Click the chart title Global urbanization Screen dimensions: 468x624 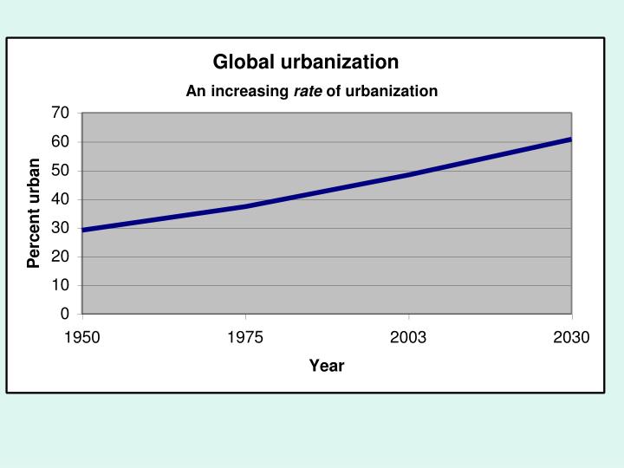[306, 62]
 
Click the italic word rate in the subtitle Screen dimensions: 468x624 [308, 91]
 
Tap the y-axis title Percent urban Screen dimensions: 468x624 [34, 213]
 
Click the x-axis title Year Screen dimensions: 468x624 [327, 366]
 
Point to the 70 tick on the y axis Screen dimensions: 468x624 [60, 113]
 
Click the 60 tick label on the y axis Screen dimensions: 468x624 [60, 141]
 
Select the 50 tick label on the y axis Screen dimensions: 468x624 [60, 171]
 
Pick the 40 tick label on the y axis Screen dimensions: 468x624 [60, 199]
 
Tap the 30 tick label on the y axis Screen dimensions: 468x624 [60, 228]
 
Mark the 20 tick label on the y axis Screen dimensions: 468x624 [60, 257]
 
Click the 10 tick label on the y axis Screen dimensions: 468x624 [60, 285]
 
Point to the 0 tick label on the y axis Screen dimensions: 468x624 [64, 314]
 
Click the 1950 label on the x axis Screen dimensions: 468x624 [82, 337]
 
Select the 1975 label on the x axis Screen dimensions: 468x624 [245, 337]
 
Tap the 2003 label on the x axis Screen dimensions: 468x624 [408, 337]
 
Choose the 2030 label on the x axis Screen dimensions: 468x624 [571, 337]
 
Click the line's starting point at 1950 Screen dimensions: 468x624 [84, 230]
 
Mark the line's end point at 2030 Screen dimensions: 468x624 [569, 140]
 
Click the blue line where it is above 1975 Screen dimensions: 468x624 [245, 206]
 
